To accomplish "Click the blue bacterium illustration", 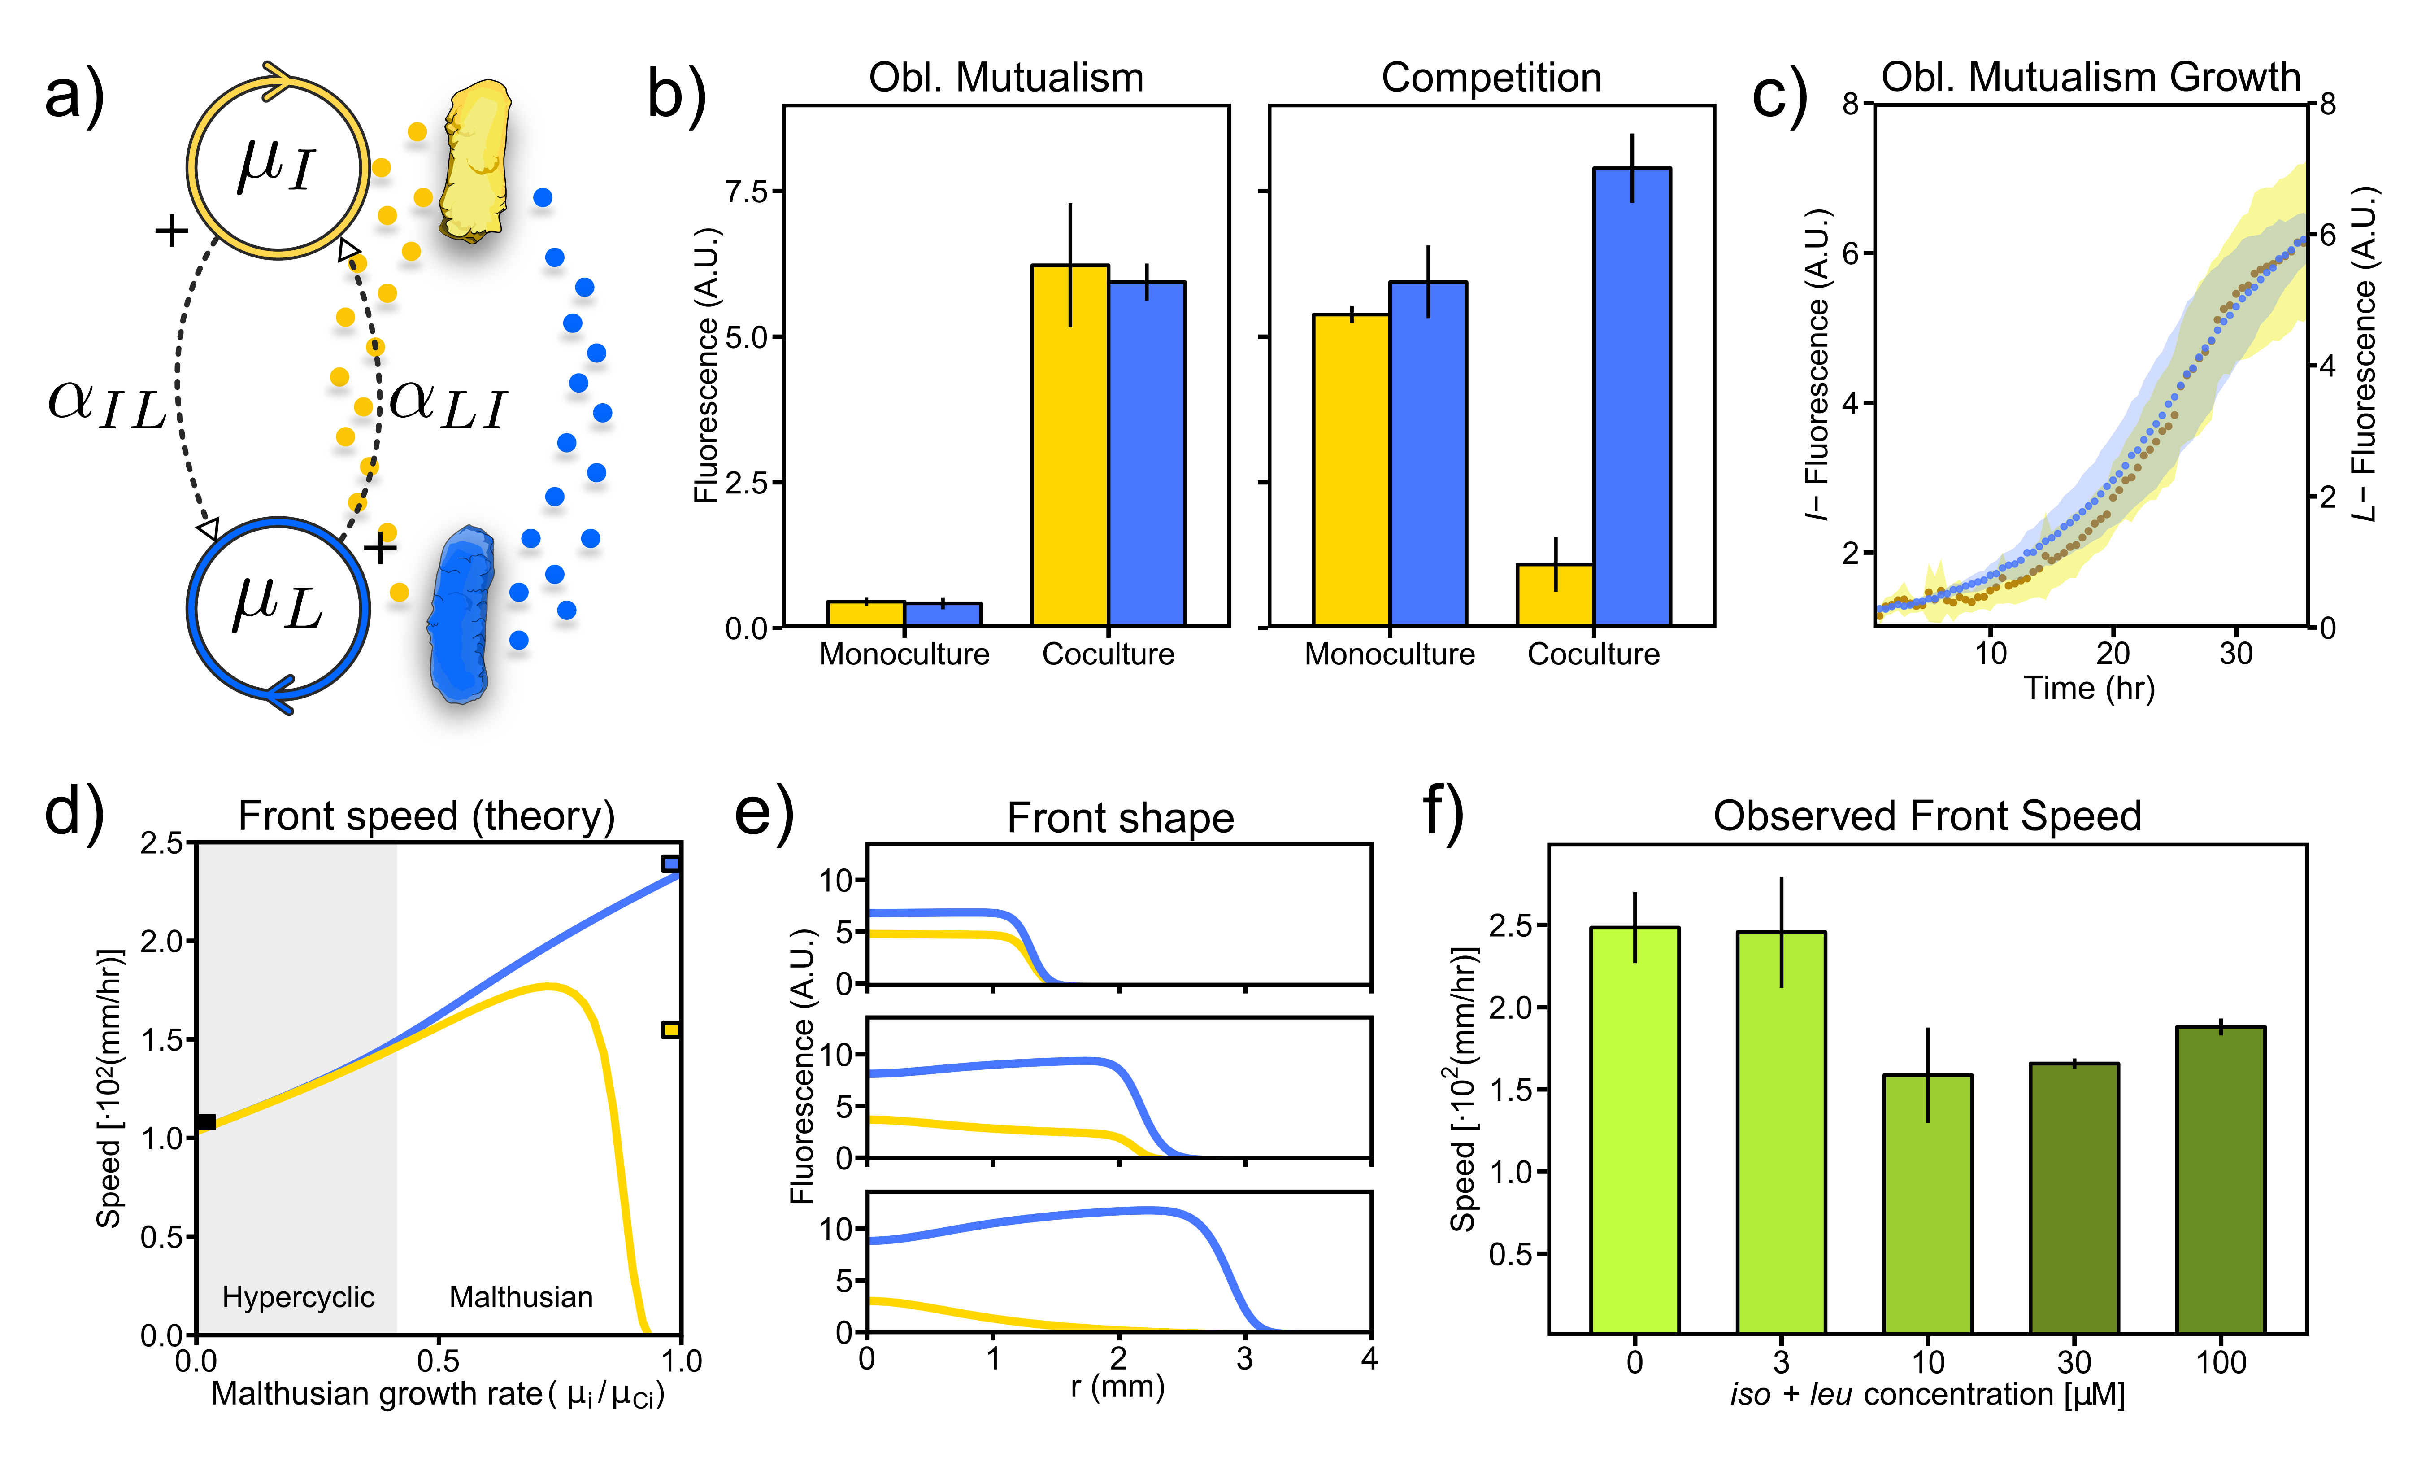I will [x=459, y=615].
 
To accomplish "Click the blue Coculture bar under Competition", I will [x=1631, y=397].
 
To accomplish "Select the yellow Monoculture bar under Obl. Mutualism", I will [x=865, y=613].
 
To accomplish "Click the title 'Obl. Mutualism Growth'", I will [x=2089, y=77].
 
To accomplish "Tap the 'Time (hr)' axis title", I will [x=2089, y=688].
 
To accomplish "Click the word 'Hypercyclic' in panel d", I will [x=298, y=1297].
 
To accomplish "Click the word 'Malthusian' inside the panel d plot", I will [x=521, y=1297].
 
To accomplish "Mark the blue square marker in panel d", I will [x=671, y=864].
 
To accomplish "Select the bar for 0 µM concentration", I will [x=1634, y=1130].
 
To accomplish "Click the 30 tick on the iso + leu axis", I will [x=2074, y=1362].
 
